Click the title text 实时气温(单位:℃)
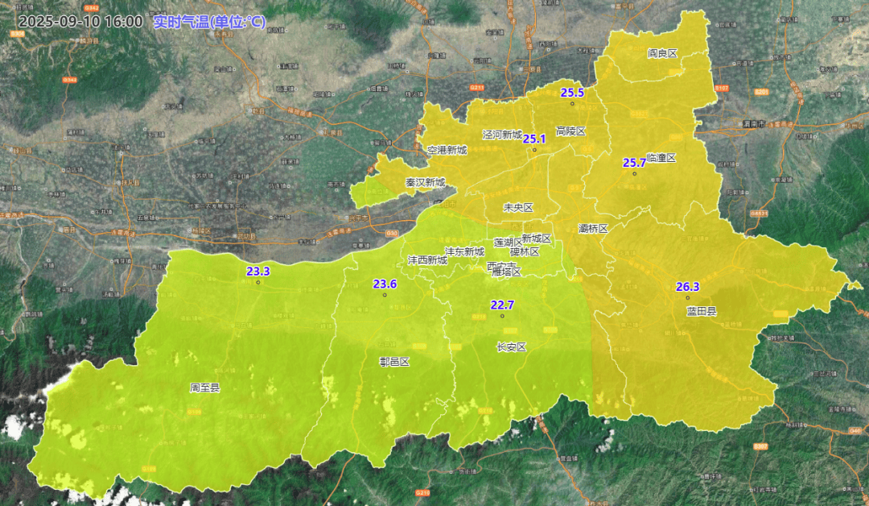pos(209,22)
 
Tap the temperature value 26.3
pos(688,287)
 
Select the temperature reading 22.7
pos(502,304)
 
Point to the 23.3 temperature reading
pos(258,272)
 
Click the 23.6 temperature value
pos(385,284)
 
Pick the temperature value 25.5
pos(572,93)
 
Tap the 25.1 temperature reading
pos(534,139)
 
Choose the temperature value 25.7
pos(634,162)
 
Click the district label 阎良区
pos(663,53)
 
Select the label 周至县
pos(204,388)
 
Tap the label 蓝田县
pos(702,311)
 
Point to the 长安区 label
pos(511,347)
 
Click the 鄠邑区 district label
pos(394,362)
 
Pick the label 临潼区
pos(661,158)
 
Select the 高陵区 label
pos(570,131)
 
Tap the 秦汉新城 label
pos(425,183)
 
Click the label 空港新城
pos(447,150)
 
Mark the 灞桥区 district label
pos(593,229)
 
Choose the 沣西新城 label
pos(427,260)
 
